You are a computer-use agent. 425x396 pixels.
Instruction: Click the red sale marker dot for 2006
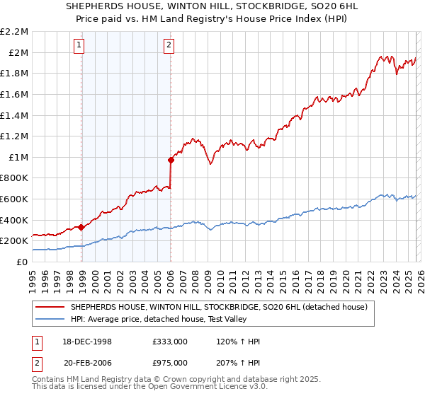click(x=171, y=160)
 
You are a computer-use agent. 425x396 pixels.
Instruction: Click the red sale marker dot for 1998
click(x=81, y=227)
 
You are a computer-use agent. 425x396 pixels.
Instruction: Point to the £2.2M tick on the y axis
click(x=15, y=32)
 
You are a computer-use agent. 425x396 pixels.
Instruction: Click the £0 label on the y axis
click(x=22, y=262)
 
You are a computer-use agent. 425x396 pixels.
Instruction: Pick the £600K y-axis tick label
click(x=15, y=199)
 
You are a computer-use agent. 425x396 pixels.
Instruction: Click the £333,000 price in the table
click(x=170, y=342)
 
